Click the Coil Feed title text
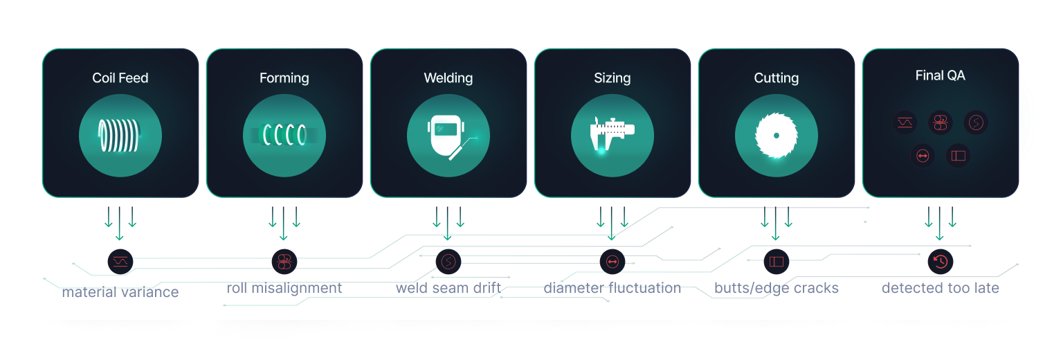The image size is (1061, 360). click(120, 78)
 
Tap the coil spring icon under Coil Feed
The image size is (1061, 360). click(120, 135)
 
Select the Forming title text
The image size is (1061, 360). click(284, 78)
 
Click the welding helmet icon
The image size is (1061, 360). click(448, 135)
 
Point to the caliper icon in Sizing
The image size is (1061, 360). click(612, 135)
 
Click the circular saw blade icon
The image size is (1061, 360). click(776, 135)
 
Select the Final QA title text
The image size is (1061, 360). click(940, 75)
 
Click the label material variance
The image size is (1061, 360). click(120, 292)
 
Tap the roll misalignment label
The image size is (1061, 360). click(284, 288)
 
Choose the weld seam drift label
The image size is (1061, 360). click(448, 288)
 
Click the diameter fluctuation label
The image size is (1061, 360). click(612, 288)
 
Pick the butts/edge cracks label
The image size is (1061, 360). click(776, 288)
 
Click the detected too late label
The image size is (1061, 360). click(940, 288)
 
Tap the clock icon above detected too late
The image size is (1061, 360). click(940, 261)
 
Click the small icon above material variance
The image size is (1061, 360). click(120, 261)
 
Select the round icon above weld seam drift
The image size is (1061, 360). click(448, 261)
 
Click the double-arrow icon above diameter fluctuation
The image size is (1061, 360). click(612, 261)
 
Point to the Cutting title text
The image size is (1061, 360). click(776, 78)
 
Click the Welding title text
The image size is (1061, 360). click(448, 78)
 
